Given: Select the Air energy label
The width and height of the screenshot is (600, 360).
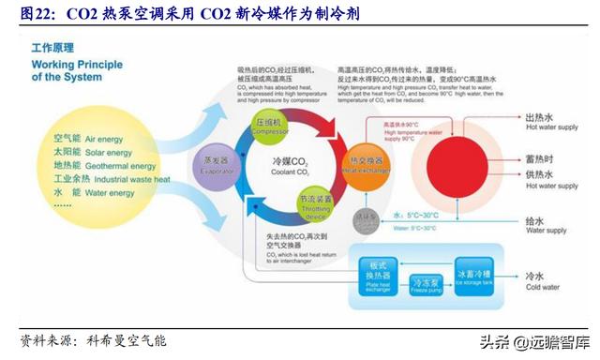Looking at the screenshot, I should pyautogui.click(x=90, y=139).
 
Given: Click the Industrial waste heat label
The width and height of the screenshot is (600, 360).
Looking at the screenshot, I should pyautogui.click(x=111, y=178).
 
